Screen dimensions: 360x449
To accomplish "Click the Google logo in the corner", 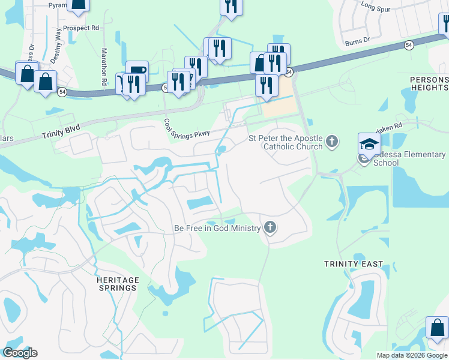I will (20, 353).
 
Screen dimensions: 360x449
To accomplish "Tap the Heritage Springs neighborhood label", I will (117, 284).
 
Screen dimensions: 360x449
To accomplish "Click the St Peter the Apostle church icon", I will (333, 143).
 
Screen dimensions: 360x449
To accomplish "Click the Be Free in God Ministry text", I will (217, 228).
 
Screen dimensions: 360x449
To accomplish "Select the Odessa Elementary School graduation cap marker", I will (370, 143).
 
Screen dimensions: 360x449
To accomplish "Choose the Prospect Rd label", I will (83, 28).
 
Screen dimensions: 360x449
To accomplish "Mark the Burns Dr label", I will (360, 43).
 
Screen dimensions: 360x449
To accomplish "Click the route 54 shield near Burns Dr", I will (409, 46).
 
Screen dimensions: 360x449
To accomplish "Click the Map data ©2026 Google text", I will (412, 355).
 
